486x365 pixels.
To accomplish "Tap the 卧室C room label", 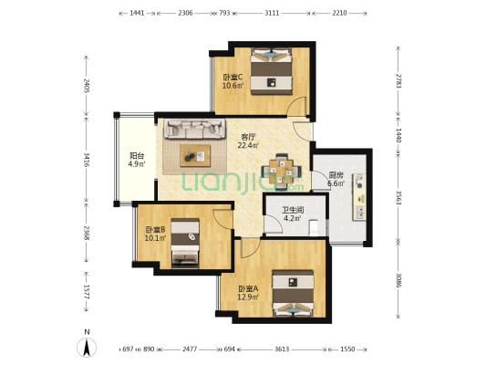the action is (x=233, y=77).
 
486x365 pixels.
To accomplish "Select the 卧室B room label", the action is (x=156, y=230).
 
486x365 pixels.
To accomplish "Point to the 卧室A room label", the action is (x=248, y=289).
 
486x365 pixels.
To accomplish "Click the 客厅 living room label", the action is (x=248, y=137).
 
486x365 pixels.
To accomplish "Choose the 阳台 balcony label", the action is (x=137, y=156).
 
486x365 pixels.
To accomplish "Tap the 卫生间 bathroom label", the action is (x=293, y=210).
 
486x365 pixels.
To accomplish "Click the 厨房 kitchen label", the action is (x=336, y=175).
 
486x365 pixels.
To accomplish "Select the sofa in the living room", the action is (x=194, y=129).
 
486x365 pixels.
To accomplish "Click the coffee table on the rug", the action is (x=195, y=156).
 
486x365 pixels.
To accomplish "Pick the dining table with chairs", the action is (x=282, y=172).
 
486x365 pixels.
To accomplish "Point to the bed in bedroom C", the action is (x=272, y=71).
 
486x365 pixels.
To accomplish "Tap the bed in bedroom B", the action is (x=185, y=243).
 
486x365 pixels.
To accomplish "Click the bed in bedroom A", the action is (x=293, y=293).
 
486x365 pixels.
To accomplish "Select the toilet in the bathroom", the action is (x=314, y=228).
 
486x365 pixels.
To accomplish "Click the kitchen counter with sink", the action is (x=359, y=197).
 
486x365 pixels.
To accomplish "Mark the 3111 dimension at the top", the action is (x=272, y=13).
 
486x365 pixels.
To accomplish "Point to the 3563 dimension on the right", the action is (x=398, y=197).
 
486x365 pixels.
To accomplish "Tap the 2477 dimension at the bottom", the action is (x=190, y=349).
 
